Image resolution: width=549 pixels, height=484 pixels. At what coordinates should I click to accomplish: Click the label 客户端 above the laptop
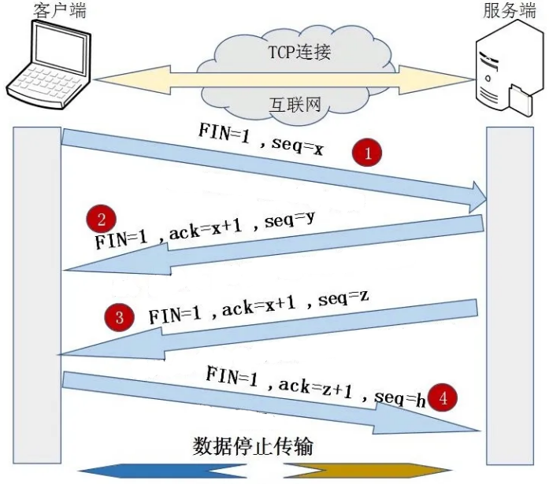coord(61,10)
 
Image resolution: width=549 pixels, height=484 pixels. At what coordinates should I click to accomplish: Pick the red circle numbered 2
coord(102,218)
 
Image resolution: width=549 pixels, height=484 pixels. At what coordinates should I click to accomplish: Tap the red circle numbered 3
coord(119,317)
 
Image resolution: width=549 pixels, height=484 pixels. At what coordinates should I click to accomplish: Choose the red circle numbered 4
coord(443,398)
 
